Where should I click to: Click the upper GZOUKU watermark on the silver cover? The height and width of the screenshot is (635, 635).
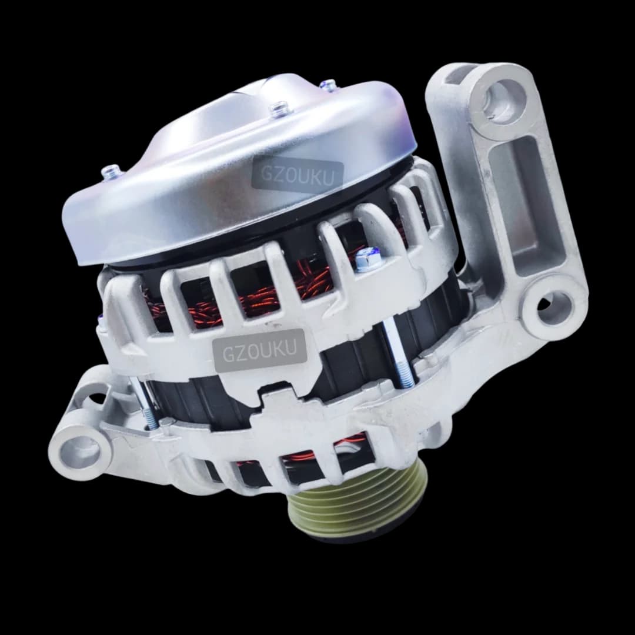pos(298,175)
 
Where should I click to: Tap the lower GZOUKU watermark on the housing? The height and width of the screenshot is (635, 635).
pos(260,350)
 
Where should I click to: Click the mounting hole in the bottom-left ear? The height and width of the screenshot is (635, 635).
pos(78,452)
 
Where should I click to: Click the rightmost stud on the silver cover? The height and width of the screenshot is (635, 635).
pos(329,86)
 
